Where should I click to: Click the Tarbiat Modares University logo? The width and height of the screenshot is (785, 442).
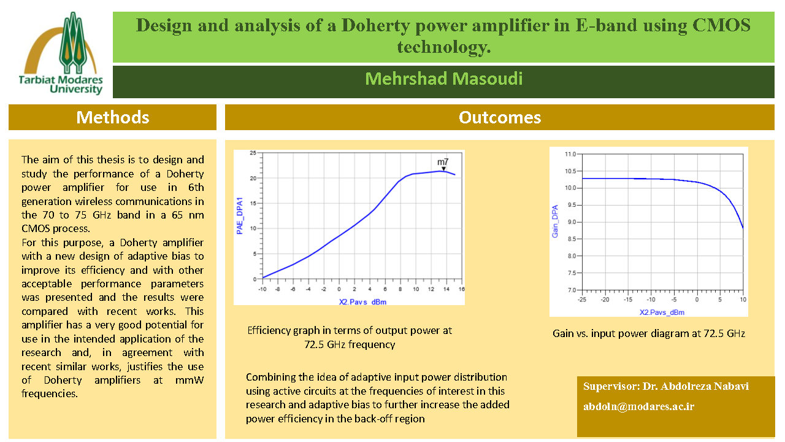click(x=62, y=54)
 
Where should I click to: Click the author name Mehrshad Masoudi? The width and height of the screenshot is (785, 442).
click(x=443, y=79)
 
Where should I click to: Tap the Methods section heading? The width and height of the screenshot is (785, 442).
click(x=112, y=117)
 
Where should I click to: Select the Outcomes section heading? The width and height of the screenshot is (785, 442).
click(x=499, y=117)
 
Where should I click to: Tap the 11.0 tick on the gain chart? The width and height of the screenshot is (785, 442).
click(x=571, y=154)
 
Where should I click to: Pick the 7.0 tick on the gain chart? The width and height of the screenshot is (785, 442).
click(x=572, y=290)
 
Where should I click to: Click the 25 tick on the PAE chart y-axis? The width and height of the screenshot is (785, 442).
click(x=253, y=153)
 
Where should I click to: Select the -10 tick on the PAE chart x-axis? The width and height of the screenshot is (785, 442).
click(x=262, y=289)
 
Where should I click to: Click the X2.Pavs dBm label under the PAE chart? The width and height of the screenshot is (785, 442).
click(x=362, y=301)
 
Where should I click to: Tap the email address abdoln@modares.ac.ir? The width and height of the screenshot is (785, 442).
click(x=638, y=406)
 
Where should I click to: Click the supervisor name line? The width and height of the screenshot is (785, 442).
click(x=665, y=387)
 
